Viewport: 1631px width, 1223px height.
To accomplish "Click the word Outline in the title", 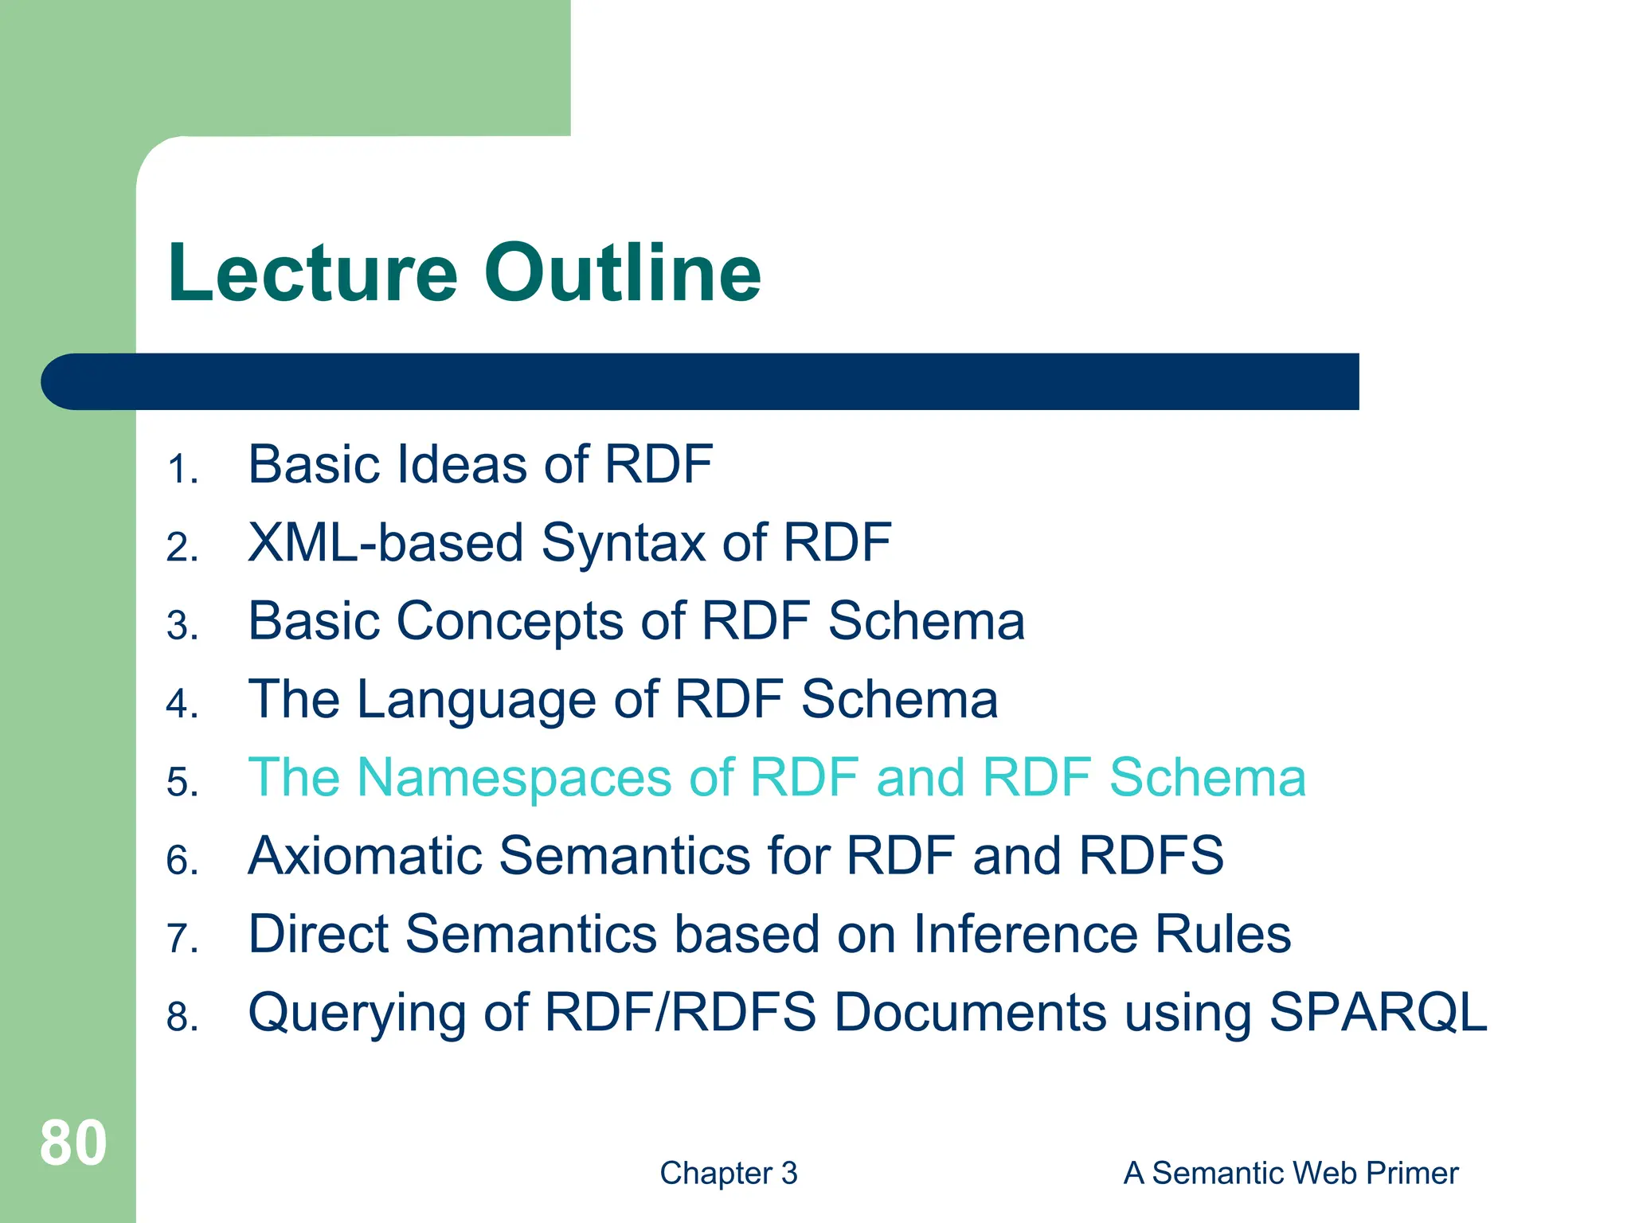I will coord(622,273).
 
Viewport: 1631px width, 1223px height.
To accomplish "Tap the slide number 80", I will coord(73,1143).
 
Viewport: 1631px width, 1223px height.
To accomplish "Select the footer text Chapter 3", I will coord(728,1173).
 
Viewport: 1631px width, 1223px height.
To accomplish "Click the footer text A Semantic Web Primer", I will coord(1290,1173).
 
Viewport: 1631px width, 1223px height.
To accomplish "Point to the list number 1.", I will coord(182,469).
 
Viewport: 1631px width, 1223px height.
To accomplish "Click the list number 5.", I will coord(182,782).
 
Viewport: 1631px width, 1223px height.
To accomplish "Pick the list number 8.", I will coord(182,1017).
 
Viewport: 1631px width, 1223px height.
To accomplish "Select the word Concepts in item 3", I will coord(510,621).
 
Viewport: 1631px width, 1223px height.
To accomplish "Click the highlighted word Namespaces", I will coord(514,778).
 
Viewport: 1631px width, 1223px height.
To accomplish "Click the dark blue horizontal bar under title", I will coord(701,381).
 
